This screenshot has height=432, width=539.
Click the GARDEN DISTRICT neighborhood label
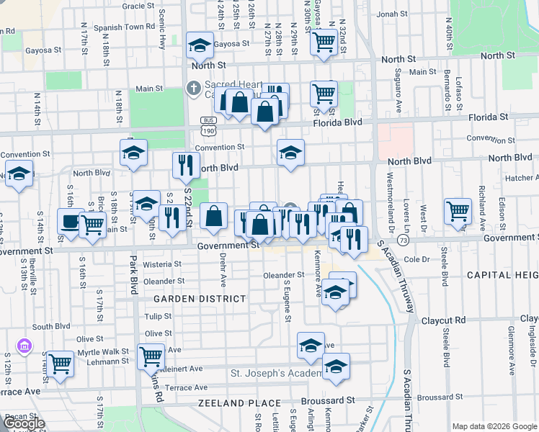198,298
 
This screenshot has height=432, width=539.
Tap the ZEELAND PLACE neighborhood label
232,403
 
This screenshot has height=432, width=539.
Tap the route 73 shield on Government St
402,238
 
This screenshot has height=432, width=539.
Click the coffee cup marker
70,222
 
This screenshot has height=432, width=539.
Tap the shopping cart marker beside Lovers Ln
458,210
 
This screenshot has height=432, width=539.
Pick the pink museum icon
24,347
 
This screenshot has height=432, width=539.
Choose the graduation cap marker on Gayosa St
199,46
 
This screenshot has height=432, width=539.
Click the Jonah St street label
392,14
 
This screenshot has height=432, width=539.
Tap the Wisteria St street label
162,264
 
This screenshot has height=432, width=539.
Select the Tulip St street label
157,316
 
